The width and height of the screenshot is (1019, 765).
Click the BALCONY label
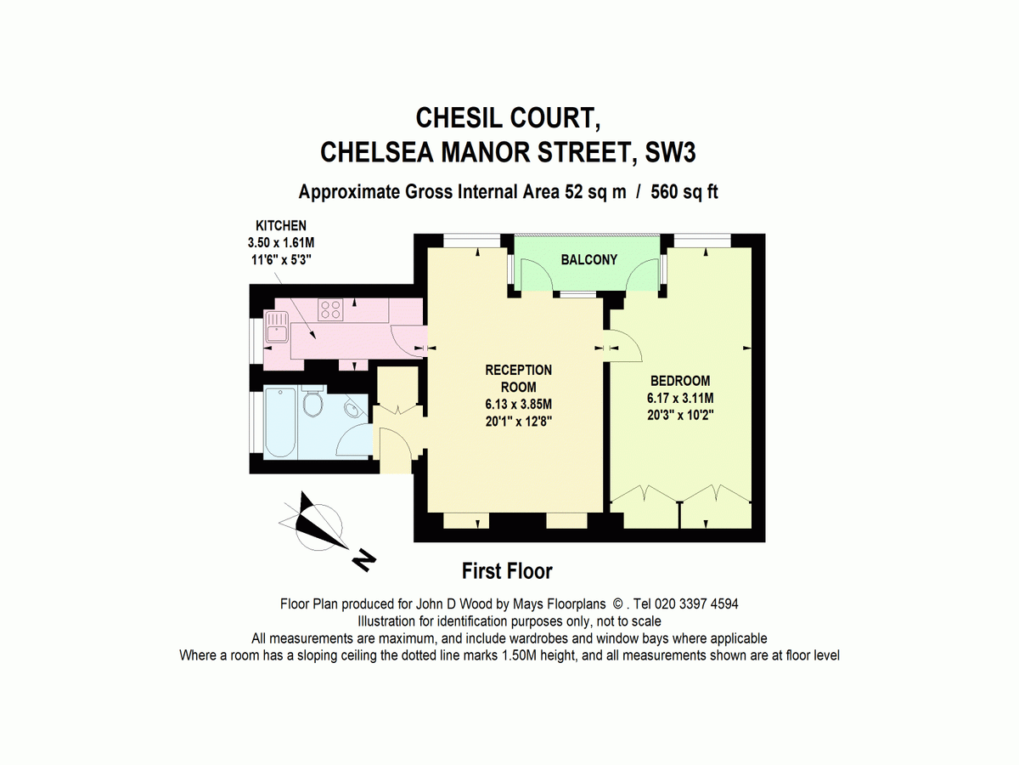coord(588,259)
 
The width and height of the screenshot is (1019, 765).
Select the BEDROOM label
coord(679,381)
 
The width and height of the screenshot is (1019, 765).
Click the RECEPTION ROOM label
coord(518,378)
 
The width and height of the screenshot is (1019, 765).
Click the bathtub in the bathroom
coord(279,422)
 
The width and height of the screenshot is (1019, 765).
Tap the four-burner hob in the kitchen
coord(330,309)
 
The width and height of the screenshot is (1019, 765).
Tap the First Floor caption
coord(507,570)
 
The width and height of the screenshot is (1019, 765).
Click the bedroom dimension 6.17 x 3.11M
coord(679,397)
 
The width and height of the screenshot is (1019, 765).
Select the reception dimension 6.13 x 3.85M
coord(518,404)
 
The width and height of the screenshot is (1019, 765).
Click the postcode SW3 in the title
coord(676,152)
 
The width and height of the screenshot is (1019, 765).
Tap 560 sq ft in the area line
coord(684,192)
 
